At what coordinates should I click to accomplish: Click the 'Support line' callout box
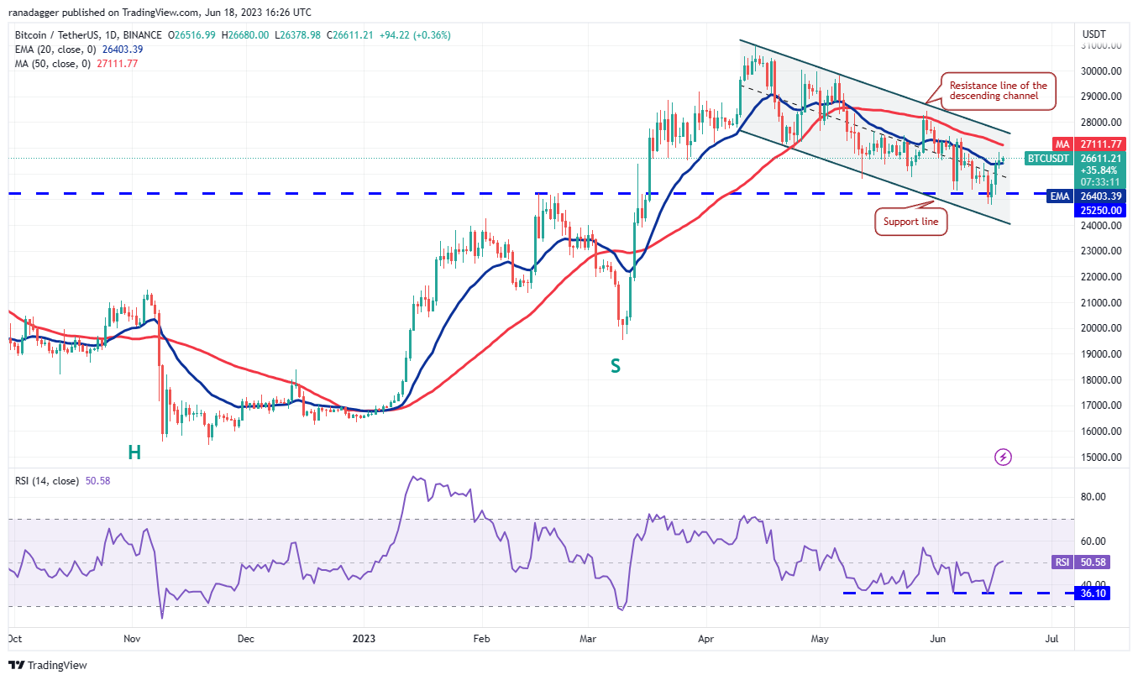coord(910,222)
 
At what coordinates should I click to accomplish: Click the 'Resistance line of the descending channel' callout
coord(998,91)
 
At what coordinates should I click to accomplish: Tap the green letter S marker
coord(616,366)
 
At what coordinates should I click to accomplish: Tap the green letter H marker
coord(134,452)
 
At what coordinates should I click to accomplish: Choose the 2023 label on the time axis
coord(363,638)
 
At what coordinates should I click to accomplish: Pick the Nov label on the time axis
coord(132,638)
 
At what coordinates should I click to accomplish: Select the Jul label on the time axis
coord(1051,638)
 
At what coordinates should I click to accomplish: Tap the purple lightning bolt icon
coord(1003,458)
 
